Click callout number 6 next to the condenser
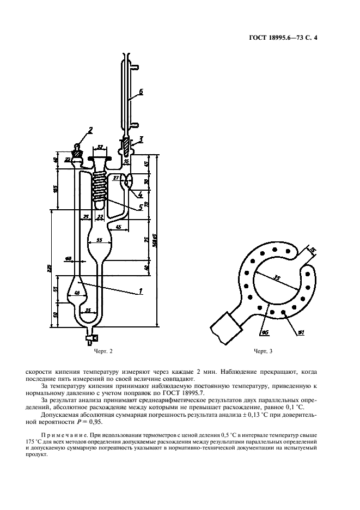(x=140, y=92)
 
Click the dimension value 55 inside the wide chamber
(x=99, y=240)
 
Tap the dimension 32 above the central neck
(x=100, y=147)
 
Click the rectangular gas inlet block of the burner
(x=225, y=327)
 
